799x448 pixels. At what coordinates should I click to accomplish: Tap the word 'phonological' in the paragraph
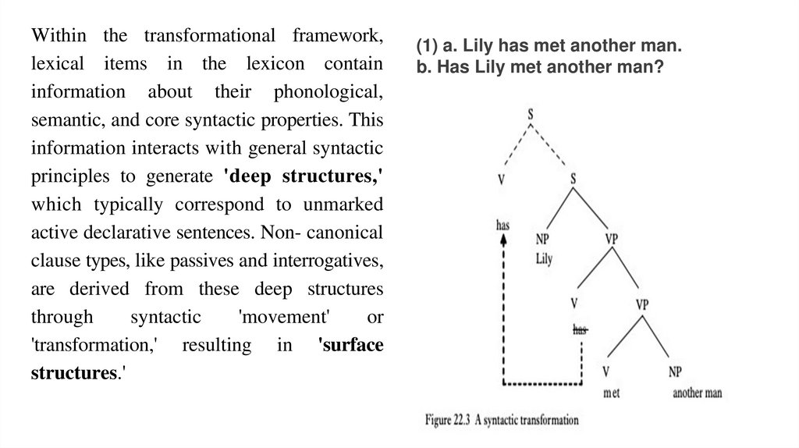click(x=329, y=92)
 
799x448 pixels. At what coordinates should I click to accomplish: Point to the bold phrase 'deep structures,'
click(x=304, y=176)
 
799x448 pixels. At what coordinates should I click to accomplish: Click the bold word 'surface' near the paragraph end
click(x=351, y=345)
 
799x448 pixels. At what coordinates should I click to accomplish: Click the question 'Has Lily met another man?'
click(x=539, y=67)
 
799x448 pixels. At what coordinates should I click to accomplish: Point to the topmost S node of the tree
click(x=531, y=115)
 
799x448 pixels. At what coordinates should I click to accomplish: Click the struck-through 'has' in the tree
click(x=580, y=329)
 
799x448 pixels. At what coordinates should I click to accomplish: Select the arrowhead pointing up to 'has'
click(x=504, y=241)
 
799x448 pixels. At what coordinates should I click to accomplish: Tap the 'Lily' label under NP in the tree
click(x=544, y=259)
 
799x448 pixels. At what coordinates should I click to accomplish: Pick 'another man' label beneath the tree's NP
click(x=697, y=393)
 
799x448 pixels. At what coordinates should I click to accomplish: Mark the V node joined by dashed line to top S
click(x=501, y=179)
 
